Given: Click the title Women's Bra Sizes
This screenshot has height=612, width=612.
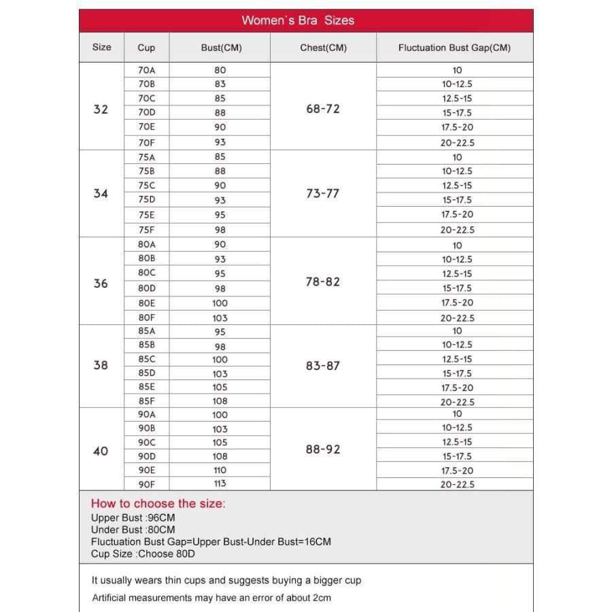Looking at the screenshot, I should tap(298, 20).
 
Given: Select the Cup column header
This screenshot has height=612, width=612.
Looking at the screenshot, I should tap(146, 48).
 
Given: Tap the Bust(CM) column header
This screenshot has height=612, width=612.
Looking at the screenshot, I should tap(221, 48).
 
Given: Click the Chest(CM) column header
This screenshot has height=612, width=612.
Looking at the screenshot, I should tap(323, 48).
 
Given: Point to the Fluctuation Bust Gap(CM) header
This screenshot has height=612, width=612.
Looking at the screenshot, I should tap(454, 48).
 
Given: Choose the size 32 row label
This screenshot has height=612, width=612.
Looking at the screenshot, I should tap(101, 109).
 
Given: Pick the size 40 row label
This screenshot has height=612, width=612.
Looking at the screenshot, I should tap(101, 450).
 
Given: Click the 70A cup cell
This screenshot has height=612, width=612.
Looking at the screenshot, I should tap(147, 70).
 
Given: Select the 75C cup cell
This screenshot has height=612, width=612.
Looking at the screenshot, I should tap(147, 185).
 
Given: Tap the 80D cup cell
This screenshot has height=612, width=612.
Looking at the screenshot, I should tap(147, 288).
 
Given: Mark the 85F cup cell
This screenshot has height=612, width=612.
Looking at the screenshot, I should tap(147, 401).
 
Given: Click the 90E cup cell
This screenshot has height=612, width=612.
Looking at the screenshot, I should tap(147, 470).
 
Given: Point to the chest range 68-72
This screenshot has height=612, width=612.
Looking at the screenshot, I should tap(323, 109).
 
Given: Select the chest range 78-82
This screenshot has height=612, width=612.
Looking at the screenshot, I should tap(323, 282).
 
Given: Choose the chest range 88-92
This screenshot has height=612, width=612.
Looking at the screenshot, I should tap(323, 449).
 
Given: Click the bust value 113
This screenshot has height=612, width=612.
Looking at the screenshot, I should tap(220, 483).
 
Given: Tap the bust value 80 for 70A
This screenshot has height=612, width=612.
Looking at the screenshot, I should tap(220, 70).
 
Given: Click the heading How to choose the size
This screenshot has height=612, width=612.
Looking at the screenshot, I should tap(158, 504).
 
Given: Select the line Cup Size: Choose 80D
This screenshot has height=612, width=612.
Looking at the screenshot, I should tap(142, 554).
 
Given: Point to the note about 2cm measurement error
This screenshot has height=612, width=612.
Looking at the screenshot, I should tap(211, 598).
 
